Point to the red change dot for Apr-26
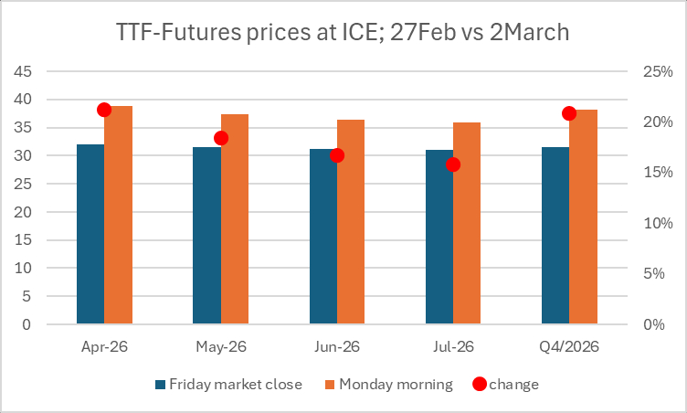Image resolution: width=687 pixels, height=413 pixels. tap(104, 110)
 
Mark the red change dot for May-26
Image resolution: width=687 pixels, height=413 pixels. tap(221, 138)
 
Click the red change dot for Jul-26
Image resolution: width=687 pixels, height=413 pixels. tap(453, 164)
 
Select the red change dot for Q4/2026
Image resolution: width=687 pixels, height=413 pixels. tap(569, 113)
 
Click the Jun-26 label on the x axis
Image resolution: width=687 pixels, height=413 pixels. tap(337, 347)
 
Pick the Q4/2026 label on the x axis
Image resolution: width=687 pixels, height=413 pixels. tap(569, 347)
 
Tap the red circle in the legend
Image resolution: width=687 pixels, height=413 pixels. tap(479, 384)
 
